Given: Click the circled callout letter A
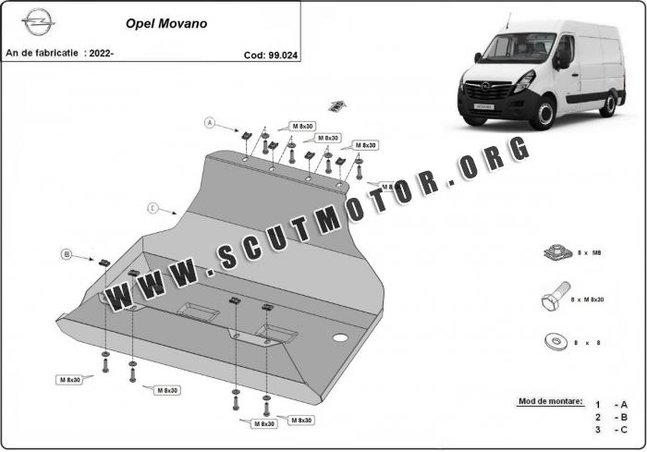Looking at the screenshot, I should [210, 122].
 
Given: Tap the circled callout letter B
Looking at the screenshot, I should [67, 253].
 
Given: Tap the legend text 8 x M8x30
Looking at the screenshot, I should [584, 299].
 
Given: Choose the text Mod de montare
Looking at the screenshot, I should [550, 401].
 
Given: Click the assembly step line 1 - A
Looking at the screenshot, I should [611, 404].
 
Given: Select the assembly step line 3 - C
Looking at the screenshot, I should [611, 430].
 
